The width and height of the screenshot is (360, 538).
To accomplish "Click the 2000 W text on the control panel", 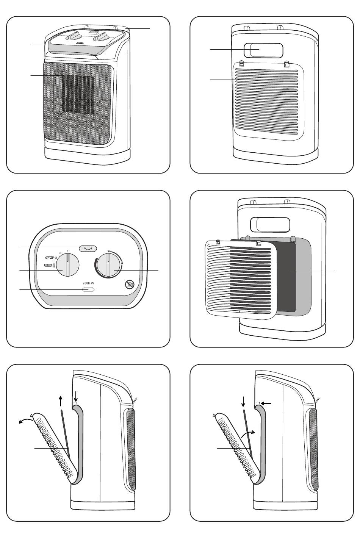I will [x=88, y=283].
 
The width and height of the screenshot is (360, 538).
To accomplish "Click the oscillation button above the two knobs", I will [x=88, y=248].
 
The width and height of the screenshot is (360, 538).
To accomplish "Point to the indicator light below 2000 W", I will [x=88, y=290].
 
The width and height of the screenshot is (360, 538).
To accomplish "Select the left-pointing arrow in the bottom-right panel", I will [x=266, y=404].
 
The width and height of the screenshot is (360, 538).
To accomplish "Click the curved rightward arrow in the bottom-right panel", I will [x=249, y=434].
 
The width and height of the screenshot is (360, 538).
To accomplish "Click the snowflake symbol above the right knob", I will [x=109, y=251].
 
